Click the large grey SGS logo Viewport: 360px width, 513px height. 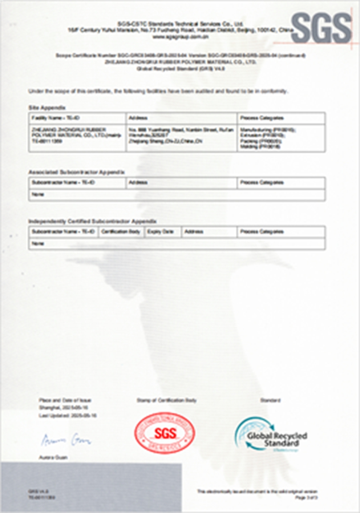click(321, 28)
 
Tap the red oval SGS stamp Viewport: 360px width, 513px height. click(165, 434)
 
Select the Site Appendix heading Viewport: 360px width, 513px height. click(47, 108)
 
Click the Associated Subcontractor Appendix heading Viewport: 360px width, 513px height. click(76, 173)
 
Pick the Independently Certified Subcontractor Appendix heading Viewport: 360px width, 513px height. click(92, 222)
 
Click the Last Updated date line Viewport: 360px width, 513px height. click(68, 415)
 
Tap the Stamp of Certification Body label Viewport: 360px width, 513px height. click(166, 400)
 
